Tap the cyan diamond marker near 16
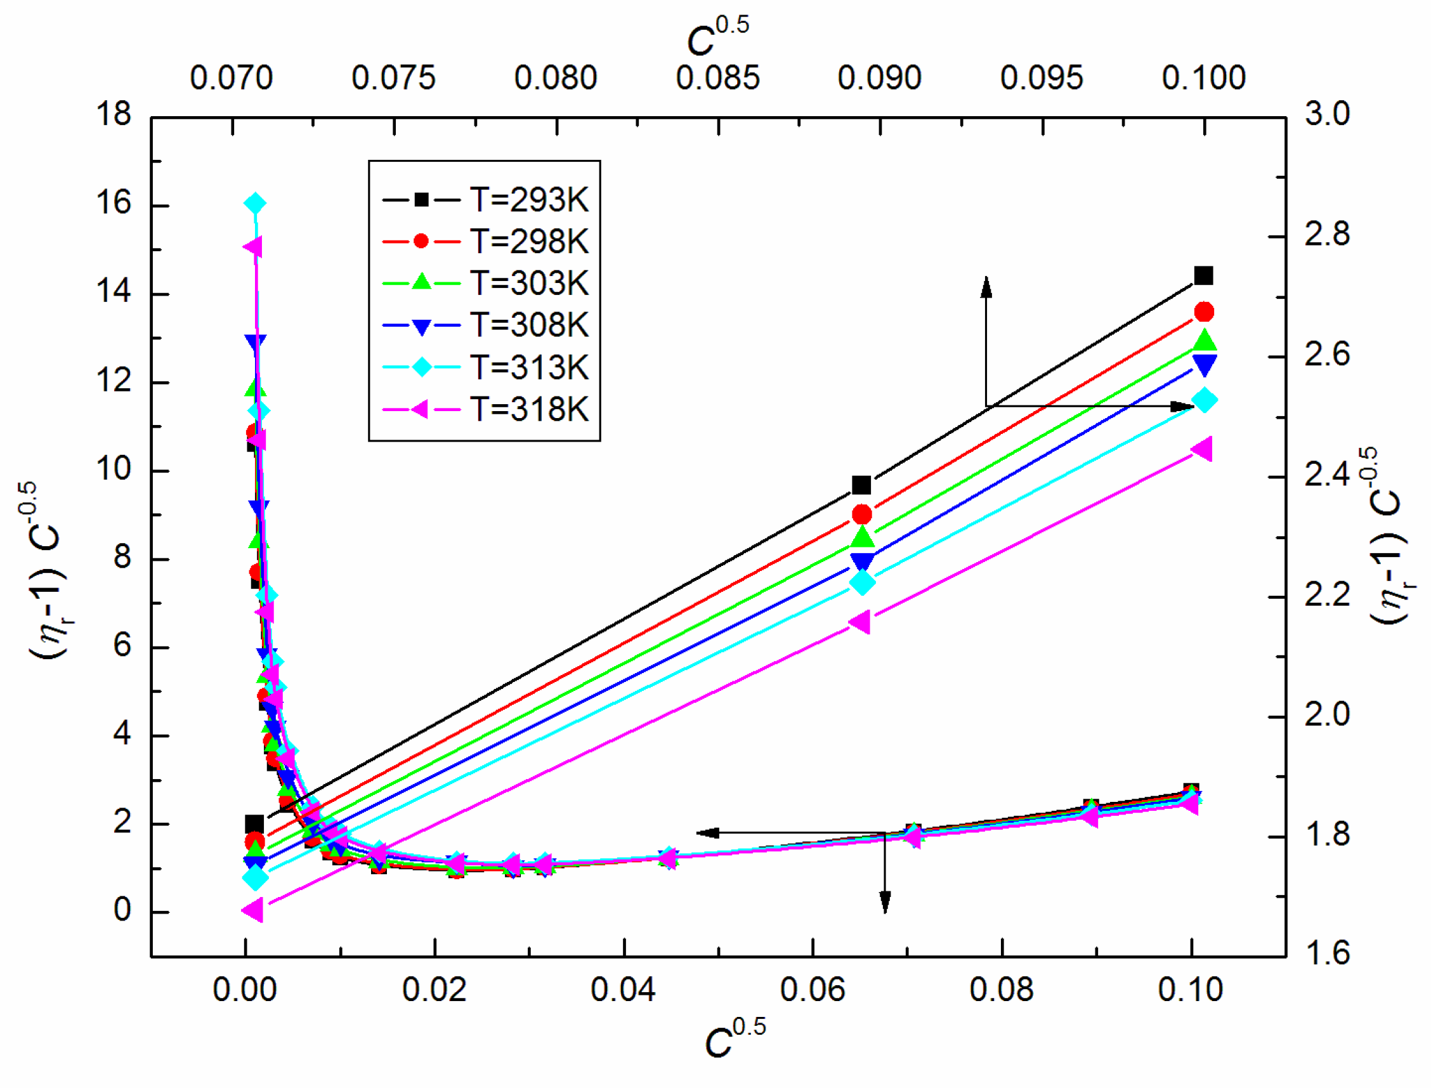(x=255, y=204)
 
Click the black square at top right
(x=1203, y=276)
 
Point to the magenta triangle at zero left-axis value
(x=252, y=910)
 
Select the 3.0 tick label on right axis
(x=1327, y=115)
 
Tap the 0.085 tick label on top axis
(x=717, y=79)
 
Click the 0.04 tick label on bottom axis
(x=623, y=990)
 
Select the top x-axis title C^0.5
(x=717, y=36)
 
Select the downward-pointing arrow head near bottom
(x=885, y=903)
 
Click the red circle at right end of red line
(x=1205, y=312)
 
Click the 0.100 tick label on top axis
(x=1203, y=79)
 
